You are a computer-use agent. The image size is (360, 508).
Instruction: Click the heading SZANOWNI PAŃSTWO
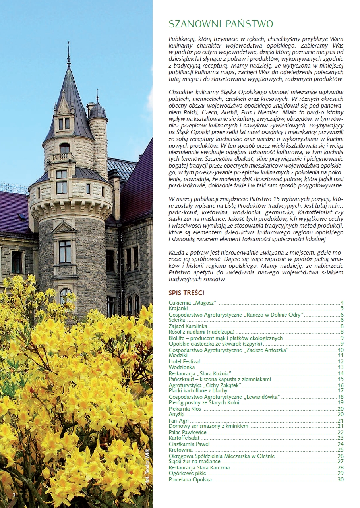click(221, 24)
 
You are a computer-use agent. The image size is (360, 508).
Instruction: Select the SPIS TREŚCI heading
click(186, 293)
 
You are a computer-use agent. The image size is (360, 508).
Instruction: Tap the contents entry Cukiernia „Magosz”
click(193, 303)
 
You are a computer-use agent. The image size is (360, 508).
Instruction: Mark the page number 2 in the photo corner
click(14, 494)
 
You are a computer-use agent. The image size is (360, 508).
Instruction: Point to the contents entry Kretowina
click(181, 450)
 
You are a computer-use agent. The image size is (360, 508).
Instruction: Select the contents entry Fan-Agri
click(179, 421)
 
